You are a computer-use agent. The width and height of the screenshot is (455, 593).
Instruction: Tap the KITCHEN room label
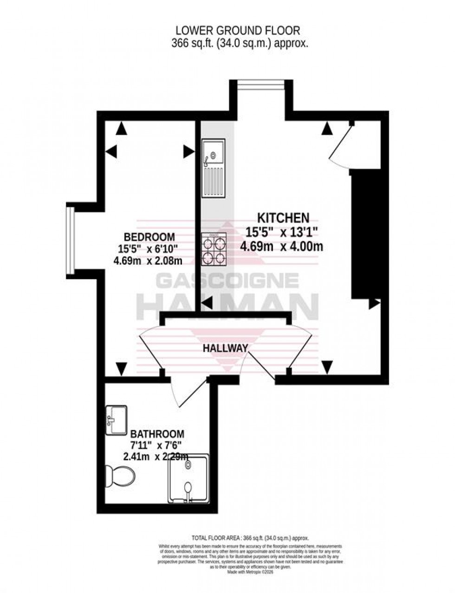click(283, 217)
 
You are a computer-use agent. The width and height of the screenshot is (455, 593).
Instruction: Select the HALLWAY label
click(225, 348)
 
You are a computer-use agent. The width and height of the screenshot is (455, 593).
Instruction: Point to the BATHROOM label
click(157, 434)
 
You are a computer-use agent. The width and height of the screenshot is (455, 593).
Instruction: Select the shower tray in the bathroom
click(188, 478)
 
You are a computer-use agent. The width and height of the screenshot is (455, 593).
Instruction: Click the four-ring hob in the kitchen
click(214, 249)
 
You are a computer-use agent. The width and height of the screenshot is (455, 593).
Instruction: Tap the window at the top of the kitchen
click(260, 85)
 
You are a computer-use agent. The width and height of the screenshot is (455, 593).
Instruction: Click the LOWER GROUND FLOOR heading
click(237, 31)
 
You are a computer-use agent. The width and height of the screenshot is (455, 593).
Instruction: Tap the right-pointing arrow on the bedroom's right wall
click(188, 151)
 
